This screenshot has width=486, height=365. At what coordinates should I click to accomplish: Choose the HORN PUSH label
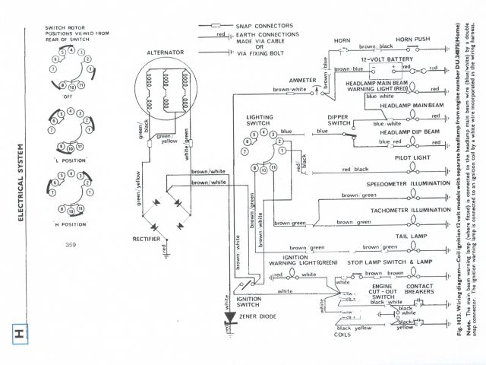click(413, 39)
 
